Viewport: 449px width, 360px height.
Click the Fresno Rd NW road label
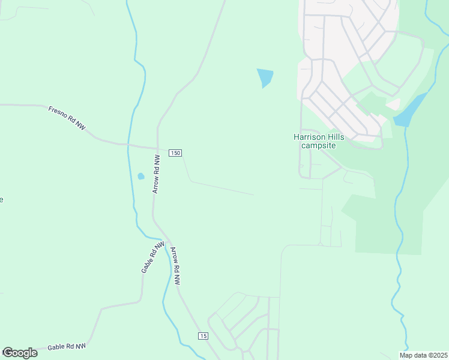[67, 116]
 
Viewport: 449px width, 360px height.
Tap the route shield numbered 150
[175, 153]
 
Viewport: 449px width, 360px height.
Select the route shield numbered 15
[204, 336]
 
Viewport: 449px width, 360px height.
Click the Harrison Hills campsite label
[319, 141]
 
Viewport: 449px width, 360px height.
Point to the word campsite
[319, 145]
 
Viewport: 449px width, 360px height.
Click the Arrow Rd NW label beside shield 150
[156, 174]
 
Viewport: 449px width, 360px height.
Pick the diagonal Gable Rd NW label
[152, 258]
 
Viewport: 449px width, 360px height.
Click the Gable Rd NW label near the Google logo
[67, 346]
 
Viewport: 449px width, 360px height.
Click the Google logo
[20, 353]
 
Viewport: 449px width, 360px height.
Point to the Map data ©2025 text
[423, 355]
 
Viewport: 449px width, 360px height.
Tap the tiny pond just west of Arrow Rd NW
[141, 176]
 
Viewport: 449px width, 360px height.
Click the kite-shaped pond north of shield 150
[265, 77]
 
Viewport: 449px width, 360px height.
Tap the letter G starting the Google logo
[7, 353]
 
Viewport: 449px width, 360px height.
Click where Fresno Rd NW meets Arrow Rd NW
[157, 148]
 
